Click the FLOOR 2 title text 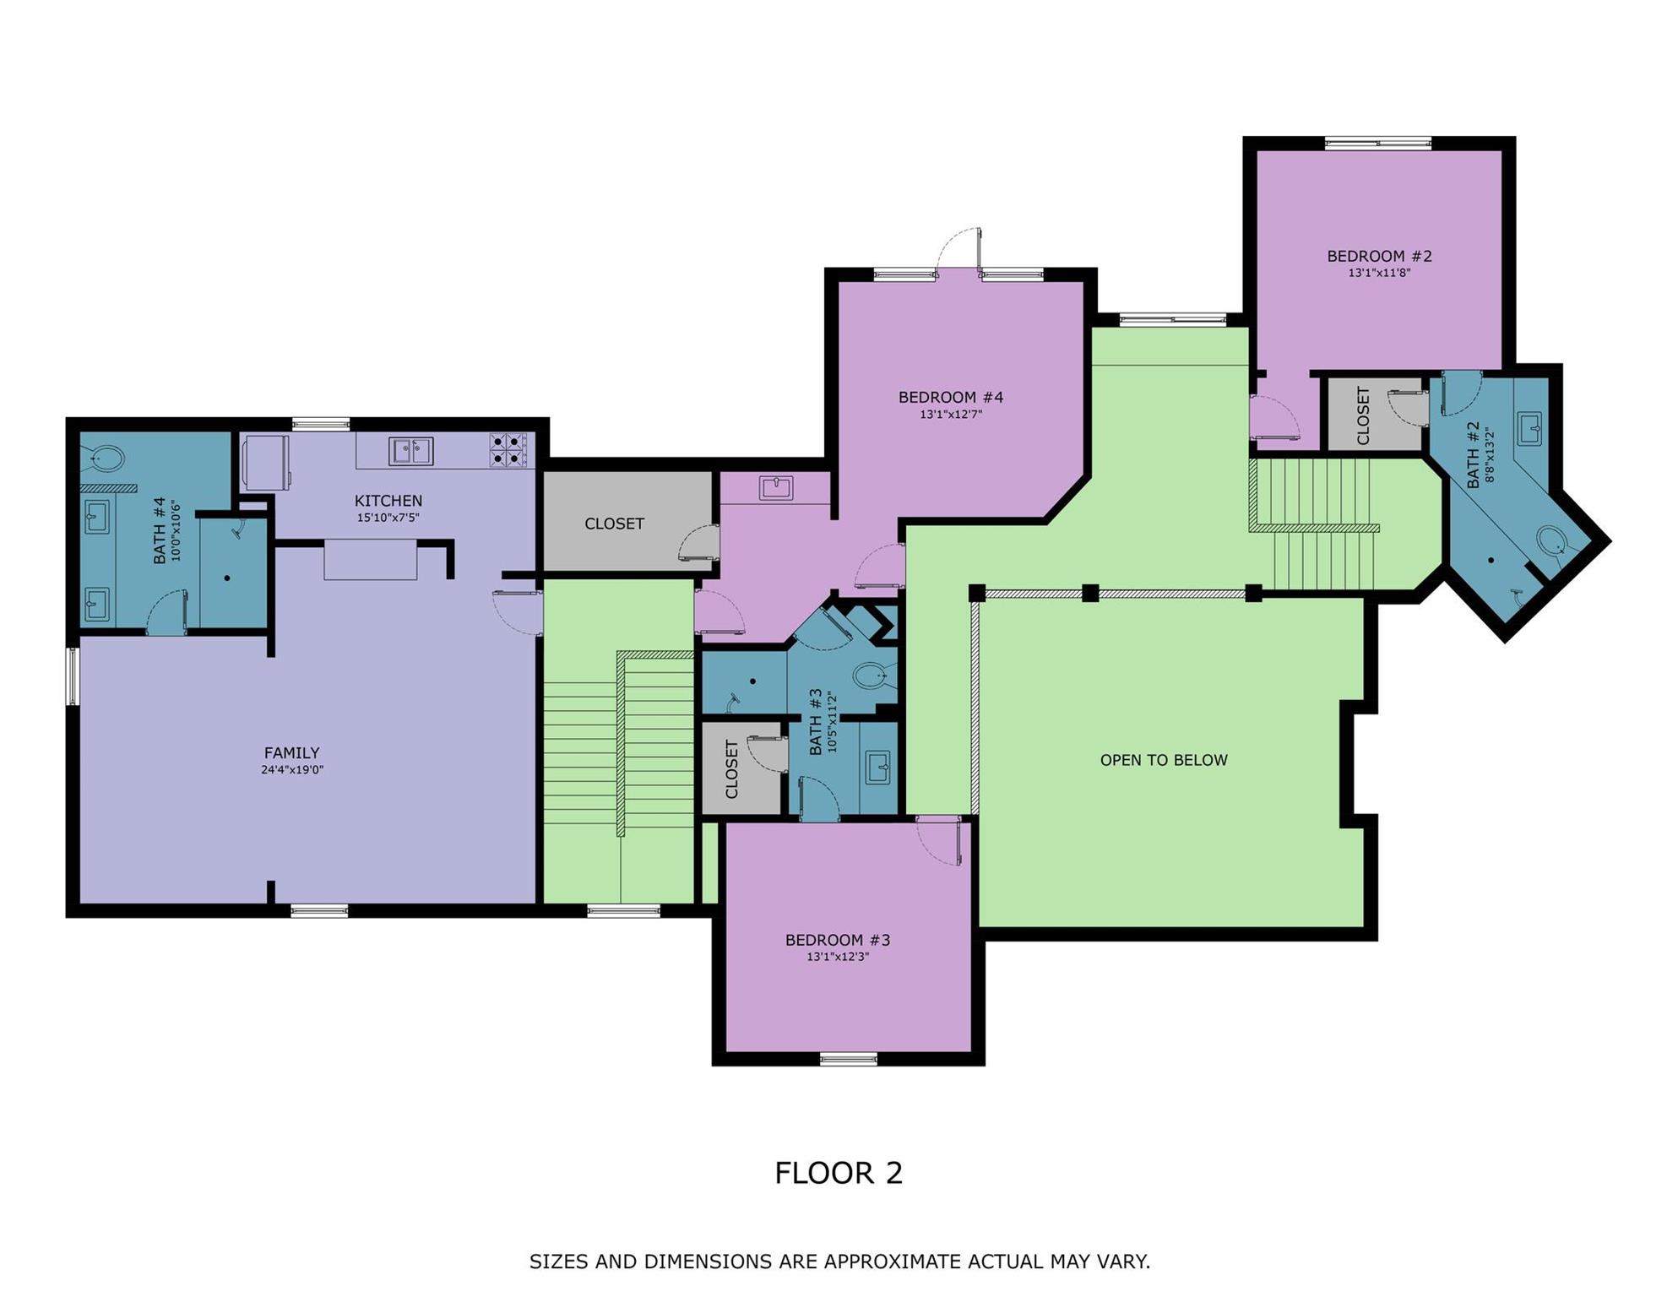(x=838, y=1173)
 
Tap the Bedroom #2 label (x=1379, y=256)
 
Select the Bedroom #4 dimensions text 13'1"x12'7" (x=950, y=415)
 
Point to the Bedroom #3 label (x=838, y=940)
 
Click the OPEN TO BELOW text (x=1163, y=760)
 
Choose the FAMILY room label (x=291, y=752)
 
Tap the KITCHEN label (x=388, y=501)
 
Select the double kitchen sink (x=410, y=451)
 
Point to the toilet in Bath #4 (x=106, y=459)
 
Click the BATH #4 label (x=159, y=530)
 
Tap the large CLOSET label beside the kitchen (x=614, y=524)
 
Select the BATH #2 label (x=1473, y=454)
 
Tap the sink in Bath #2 (x=1529, y=428)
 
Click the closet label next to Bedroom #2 (x=1362, y=415)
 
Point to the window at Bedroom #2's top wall (x=1377, y=144)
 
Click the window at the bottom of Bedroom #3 (x=848, y=1059)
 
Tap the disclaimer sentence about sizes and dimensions (x=839, y=1262)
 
